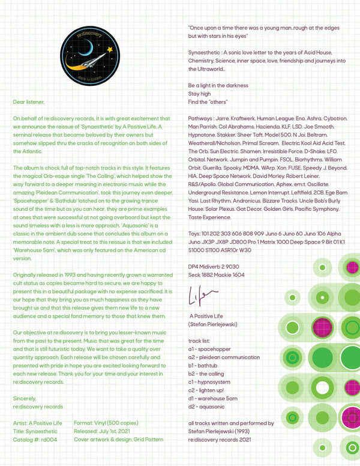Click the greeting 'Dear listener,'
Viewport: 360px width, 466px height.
click(x=29, y=102)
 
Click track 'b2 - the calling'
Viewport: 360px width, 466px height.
click(x=208, y=374)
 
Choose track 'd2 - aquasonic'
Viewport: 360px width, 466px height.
click(x=208, y=407)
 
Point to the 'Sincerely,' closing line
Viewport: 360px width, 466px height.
click(x=25, y=398)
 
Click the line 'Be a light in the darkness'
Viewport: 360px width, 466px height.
click(x=218, y=86)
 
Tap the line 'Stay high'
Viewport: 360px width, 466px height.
click(x=199, y=94)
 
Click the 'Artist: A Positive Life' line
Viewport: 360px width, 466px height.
click(x=37, y=423)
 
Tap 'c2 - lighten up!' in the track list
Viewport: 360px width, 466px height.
click(x=208, y=390)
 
